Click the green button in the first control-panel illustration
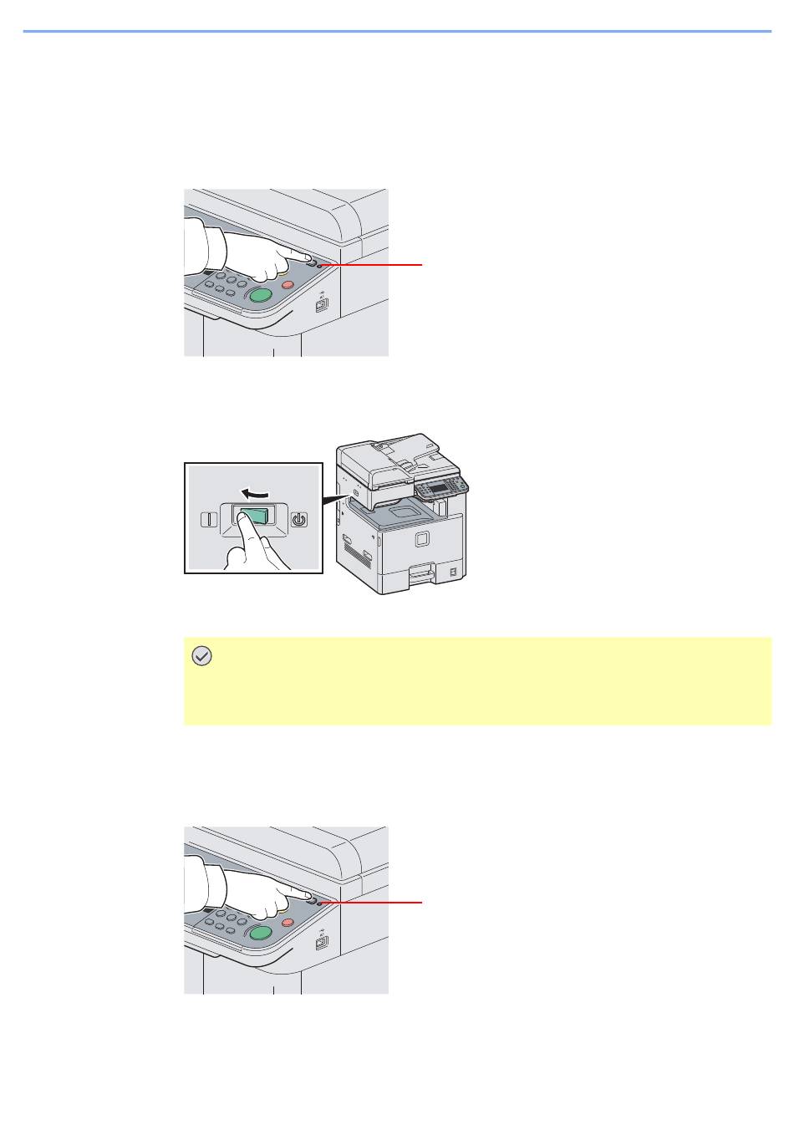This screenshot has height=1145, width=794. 260,295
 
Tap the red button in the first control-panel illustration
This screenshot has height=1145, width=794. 287,284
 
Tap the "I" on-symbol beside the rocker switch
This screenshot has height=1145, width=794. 207,519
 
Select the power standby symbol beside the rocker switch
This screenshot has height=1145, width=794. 299,519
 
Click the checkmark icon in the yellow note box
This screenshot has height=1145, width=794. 201,657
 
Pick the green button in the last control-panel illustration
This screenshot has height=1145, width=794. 260,933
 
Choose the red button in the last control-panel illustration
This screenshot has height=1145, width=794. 287,922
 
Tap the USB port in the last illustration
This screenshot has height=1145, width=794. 320,944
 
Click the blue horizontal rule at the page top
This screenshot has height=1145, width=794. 397,32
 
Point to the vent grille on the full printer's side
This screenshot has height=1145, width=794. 366,556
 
